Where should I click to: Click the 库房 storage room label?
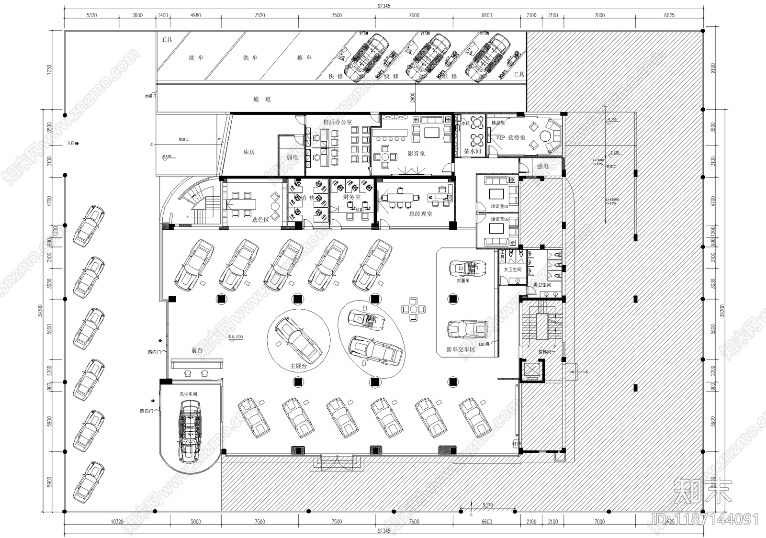[x=248, y=152]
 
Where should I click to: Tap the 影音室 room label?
[x=416, y=154]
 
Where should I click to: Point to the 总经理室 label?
[x=420, y=214]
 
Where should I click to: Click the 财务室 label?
[x=352, y=197]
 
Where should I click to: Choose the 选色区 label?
[x=260, y=220]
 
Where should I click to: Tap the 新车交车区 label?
[x=461, y=350]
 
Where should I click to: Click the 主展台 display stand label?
[x=298, y=366]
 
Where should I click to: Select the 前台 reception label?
[x=197, y=350]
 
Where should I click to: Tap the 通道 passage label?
[x=262, y=99]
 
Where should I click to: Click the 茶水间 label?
[x=472, y=151]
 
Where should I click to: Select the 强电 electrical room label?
[x=542, y=167]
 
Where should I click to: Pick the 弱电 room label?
[x=292, y=157]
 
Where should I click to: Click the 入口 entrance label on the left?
[x=72, y=143]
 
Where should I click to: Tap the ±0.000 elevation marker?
[x=235, y=337]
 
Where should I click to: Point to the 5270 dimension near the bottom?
[x=487, y=505]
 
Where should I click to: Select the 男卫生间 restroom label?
[x=542, y=285]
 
